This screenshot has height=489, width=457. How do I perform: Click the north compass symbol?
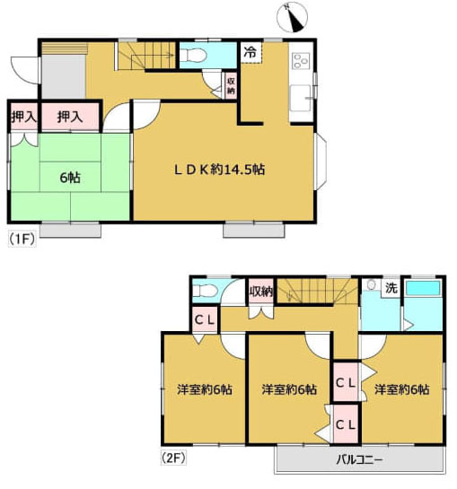point(292,17)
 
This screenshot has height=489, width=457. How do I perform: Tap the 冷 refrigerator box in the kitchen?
point(251,52)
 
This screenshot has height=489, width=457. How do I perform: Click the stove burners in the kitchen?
point(302,61)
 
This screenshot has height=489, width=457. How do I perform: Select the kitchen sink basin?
point(301,98)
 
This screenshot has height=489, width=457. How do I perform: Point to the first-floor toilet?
point(193,56)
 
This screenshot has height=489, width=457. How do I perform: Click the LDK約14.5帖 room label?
point(219,170)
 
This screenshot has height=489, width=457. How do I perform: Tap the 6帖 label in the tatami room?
point(70,178)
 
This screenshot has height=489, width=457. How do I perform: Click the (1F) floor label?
point(22,240)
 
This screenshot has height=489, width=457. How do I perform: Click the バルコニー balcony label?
point(359,459)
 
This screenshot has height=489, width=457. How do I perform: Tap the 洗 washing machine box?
point(391,287)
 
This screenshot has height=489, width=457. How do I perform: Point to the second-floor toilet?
point(205,291)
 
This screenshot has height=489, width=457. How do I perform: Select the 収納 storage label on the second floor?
point(261,292)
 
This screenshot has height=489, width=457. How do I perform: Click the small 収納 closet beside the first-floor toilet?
point(231,86)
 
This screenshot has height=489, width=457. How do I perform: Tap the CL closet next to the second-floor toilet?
point(204,319)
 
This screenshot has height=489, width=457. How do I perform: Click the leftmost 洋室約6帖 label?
point(204,389)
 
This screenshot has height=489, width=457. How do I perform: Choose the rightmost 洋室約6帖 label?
point(402,389)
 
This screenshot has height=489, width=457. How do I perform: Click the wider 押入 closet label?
point(70,117)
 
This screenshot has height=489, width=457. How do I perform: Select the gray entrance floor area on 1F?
point(64,77)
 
